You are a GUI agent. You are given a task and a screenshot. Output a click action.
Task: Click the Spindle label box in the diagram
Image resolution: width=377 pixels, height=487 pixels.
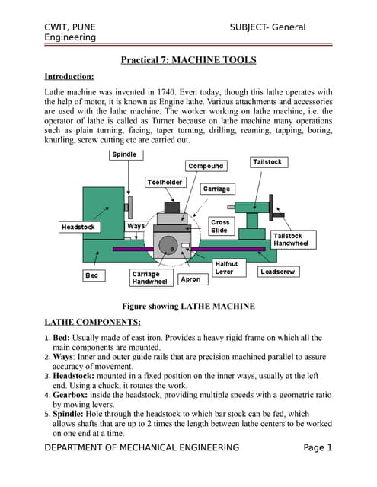tap(125, 154)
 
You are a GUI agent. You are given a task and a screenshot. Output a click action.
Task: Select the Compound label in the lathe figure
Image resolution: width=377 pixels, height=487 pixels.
tap(206, 166)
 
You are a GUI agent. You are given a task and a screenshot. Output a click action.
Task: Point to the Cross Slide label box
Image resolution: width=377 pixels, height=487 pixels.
tap(219, 226)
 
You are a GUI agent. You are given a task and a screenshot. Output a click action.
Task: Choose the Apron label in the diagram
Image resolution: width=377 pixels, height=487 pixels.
tap(191, 279)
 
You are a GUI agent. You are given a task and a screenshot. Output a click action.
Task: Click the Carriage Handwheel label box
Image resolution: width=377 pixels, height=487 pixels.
tap(149, 278)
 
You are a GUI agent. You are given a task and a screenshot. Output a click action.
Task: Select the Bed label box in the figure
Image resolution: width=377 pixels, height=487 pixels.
tap(91, 275)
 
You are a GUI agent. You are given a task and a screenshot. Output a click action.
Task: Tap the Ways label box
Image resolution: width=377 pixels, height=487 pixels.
tap(136, 226)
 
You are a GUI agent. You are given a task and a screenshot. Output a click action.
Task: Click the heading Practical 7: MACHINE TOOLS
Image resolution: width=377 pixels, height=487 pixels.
tap(189, 60)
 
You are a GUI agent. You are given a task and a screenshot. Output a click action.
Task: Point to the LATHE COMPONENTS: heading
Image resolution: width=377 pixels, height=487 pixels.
tap(91, 322)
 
